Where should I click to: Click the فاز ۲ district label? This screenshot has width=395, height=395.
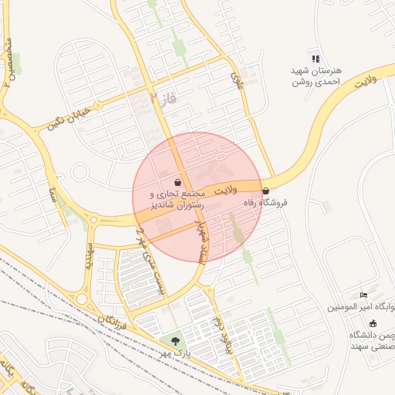click(164, 98)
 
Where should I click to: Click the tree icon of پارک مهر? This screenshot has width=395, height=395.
click(175, 340)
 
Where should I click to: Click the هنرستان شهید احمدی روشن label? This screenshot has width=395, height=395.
click(316, 76)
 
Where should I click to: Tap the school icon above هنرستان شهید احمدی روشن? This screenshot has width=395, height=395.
click(315, 58)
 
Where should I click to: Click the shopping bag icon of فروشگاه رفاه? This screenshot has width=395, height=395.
click(265, 191)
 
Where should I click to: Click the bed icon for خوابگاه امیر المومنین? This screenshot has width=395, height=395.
click(364, 295)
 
